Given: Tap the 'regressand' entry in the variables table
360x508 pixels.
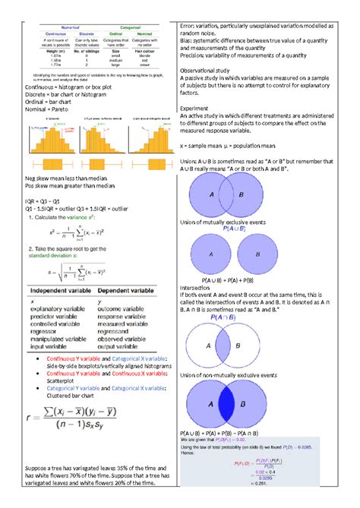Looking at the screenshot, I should click(119, 332).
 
